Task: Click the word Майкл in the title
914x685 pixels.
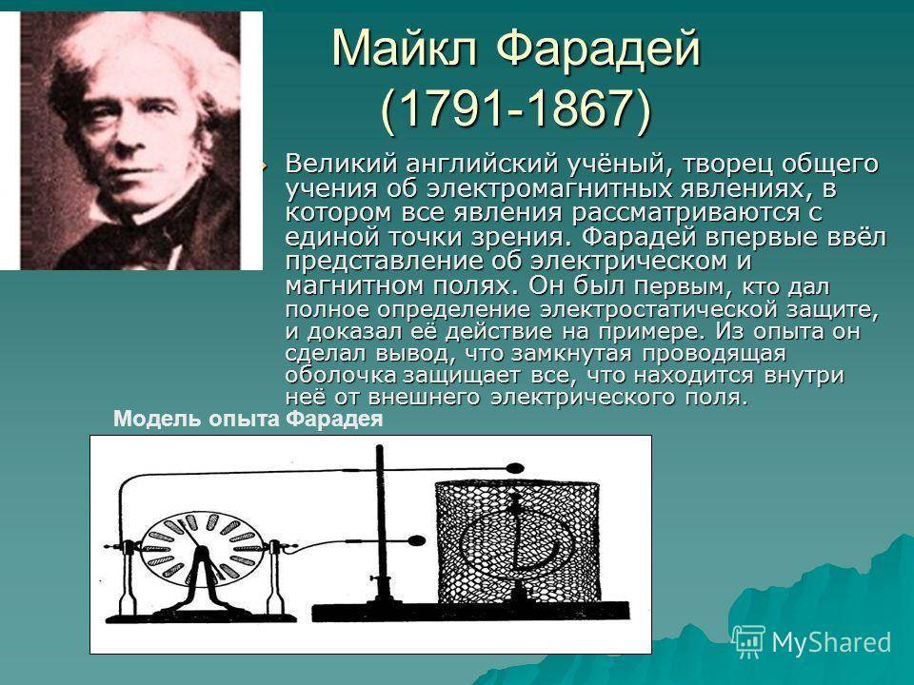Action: click(405, 48)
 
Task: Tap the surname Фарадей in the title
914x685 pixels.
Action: click(598, 49)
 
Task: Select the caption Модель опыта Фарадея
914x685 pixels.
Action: click(248, 420)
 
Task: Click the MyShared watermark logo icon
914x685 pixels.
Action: click(748, 641)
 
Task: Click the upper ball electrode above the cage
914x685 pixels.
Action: click(515, 468)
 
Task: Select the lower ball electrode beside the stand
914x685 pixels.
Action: click(416, 541)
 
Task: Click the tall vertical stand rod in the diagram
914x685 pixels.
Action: click(381, 524)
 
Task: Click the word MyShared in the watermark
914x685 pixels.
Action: click(831, 642)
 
